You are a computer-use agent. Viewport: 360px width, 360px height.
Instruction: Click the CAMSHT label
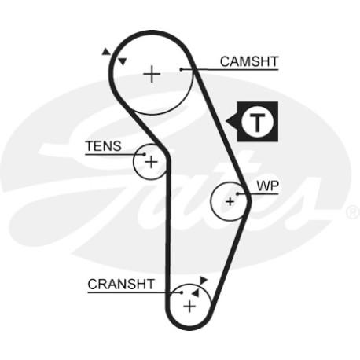[249, 62]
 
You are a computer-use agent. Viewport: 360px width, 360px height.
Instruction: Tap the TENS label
[104, 146]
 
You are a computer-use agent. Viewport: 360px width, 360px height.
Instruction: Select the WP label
[267, 186]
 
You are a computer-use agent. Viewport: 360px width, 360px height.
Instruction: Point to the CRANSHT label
[121, 285]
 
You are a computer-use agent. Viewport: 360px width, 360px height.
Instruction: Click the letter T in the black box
[258, 123]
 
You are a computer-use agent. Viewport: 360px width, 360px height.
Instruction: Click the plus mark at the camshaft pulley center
[152, 74]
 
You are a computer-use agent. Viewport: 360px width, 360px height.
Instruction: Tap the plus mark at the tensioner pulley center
[151, 162]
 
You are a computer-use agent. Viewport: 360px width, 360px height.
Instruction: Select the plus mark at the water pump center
[230, 201]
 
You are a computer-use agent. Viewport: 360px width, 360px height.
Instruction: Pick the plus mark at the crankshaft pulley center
[189, 307]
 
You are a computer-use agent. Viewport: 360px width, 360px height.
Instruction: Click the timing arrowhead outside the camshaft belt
[106, 51]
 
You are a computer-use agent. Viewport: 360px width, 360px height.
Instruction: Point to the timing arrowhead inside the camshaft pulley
[123, 61]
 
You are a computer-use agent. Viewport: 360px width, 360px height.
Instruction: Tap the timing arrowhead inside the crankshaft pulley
[195, 292]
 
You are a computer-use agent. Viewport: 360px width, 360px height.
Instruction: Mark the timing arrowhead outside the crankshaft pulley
[203, 280]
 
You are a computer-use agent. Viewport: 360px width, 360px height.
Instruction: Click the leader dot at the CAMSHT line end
[181, 69]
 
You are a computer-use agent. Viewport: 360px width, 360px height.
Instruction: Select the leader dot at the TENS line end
[145, 155]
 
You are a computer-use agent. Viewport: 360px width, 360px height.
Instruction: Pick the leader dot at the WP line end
[238, 194]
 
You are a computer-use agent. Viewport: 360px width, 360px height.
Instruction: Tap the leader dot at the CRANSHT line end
[182, 292]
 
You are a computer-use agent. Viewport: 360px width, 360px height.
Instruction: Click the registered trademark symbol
[354, 212]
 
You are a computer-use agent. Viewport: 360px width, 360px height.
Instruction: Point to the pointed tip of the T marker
[226, 122]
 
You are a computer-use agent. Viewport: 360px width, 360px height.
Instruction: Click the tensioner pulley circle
[134, 162]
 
